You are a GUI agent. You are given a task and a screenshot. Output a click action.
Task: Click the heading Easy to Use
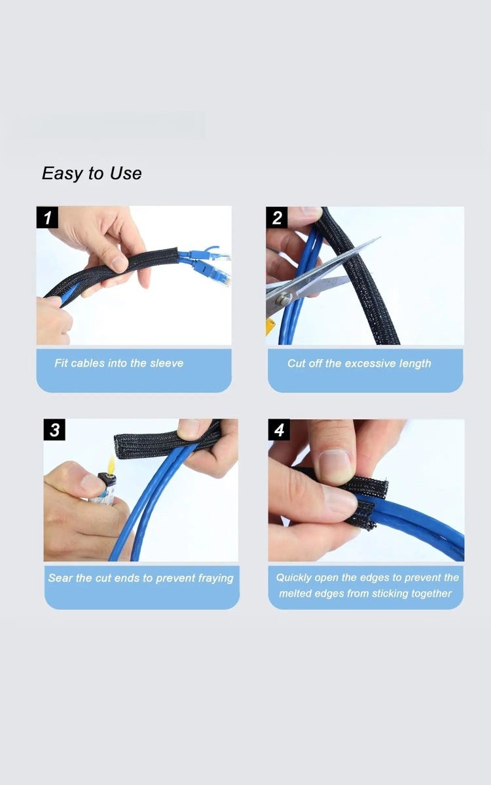[x=92, y=173]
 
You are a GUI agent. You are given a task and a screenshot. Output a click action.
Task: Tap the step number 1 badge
[x=47, y=217]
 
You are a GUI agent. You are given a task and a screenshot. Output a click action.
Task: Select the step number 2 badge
[x=277, y=217]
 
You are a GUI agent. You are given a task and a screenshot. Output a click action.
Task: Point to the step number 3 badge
[x=54, y=430]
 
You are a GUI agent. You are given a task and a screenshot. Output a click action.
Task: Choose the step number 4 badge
[x=280, y=430]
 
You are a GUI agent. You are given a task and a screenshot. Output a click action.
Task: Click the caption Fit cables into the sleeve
[x=118, y=363]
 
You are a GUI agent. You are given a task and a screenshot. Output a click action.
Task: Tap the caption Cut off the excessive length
[x=359, y=363]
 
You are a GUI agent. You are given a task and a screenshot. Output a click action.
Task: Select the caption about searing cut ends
[x=141, y=578]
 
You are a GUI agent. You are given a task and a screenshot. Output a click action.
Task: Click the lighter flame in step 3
[x=111, y=465]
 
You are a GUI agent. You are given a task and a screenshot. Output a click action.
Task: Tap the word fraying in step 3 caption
[x=215, y=578]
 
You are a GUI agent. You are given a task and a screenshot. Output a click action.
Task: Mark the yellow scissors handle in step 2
[x=270, y=326]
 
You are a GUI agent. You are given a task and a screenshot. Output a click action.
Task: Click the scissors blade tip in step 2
[x=378, y=239]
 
